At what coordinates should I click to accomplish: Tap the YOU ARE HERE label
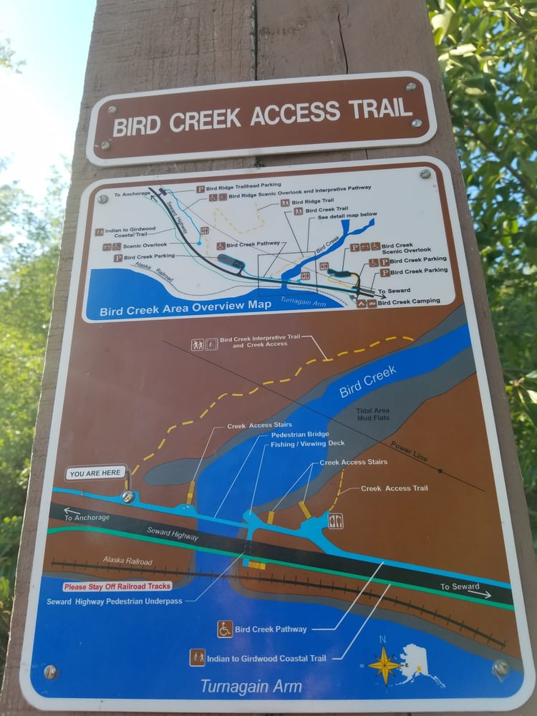pyautogui.click(x=97, y=473)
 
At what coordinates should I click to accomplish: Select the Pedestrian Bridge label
pyautogui.click(x=299, y=435)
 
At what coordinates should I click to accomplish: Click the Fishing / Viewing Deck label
pyautogui.click(x=307, y=444)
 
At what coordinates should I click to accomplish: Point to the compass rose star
pyautogui.click(x=385, y=665)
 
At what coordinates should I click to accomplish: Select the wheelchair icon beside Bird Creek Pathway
pyautogui.click(x=225, y=629)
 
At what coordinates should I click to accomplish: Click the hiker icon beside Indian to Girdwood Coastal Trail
pyautogui.click(x=198, y=657)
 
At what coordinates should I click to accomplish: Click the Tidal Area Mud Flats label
pyautogui.click(x=372, y=414)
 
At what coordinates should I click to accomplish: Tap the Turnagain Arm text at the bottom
pyautogui.click(x=251, y=687)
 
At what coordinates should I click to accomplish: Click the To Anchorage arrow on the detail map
pyautogui.click(x=87, y=516)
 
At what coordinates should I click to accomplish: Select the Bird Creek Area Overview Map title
pyautogui.click(x=185, y=308)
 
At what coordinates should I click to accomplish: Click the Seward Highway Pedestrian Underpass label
pyautogui.click(x=115, y=601)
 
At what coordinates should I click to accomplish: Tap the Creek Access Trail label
pyautogui.click(x=394, y=488)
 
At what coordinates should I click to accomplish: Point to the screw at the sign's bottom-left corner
pyautogui.click(x=49, y=672)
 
